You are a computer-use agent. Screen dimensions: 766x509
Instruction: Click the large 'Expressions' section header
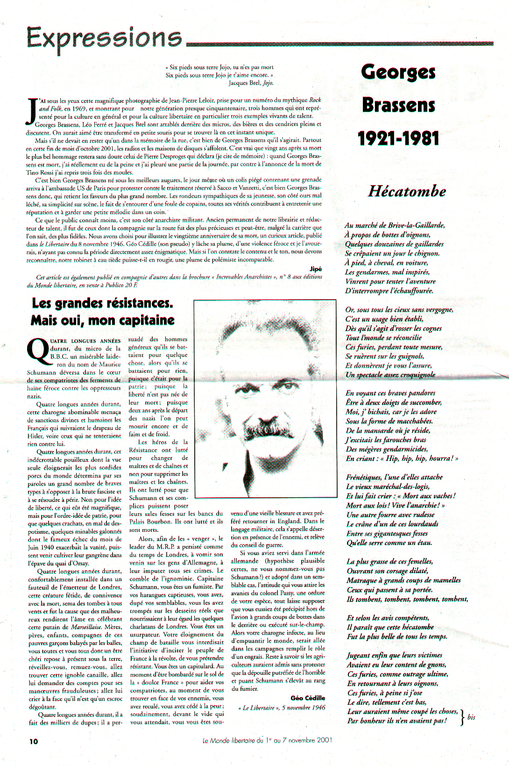point(104,38)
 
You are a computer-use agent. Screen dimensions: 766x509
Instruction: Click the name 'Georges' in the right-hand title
point(398,72)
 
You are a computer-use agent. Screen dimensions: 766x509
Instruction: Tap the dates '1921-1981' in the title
point(398,138)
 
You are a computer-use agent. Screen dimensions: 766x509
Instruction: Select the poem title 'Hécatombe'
point(407,191)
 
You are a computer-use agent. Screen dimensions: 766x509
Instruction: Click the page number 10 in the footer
point(34,741)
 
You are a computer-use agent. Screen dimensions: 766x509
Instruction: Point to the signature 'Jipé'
point(316,269)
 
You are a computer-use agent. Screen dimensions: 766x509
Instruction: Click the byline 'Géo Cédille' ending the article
point(308,698)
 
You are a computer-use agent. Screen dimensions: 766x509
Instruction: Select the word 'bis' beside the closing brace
point(471,717)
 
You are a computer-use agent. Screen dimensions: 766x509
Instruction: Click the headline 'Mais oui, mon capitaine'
point(102,321)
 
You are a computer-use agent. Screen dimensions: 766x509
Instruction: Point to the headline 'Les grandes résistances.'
point(102,303)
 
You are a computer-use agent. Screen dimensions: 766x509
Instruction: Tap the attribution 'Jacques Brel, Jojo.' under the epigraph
point(251,83)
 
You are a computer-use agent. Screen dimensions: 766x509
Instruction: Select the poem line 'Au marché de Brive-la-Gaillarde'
point(395,225)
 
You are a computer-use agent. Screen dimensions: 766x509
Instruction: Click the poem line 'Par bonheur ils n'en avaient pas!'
point(397,721)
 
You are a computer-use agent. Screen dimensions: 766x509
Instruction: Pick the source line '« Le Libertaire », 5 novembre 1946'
point(282,708)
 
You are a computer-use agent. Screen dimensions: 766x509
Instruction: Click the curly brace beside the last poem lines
point(462,717)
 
